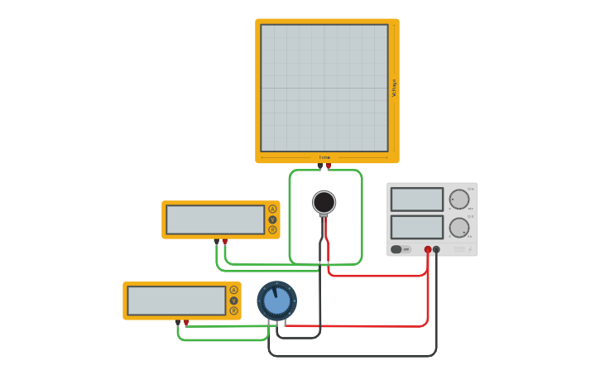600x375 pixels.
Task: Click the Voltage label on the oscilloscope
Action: [x=394, y=88]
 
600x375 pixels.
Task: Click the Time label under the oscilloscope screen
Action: [x=324, y=157]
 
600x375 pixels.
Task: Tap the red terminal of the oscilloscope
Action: [x=329, y=166]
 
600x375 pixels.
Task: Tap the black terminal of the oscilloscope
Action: [x=320, y=166]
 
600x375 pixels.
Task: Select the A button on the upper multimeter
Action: [x=272, y=209]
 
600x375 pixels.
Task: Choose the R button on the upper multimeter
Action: [x=272, y=230]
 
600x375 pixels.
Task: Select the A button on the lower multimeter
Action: [x=233, y=290]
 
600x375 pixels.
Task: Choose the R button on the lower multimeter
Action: [x=233, y=310]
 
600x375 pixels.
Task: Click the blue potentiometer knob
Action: [x=276, y=300]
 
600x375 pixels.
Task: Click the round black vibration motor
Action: [x=324, y=202]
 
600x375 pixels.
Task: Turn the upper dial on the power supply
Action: [x=459, y=200]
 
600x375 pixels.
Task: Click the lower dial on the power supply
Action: [x=459, y=228]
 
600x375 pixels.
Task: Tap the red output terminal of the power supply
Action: [x=428, y=249]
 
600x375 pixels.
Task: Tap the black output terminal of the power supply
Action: [x=436, y=249]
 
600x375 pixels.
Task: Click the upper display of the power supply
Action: [x=417, y=200]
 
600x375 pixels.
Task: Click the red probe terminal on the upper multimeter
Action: [x=224, y=242]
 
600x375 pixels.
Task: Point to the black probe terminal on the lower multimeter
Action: [x=178, y=322]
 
